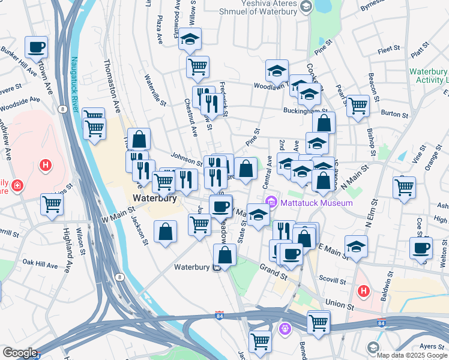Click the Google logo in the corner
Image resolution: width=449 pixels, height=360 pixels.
(x=20, y=353)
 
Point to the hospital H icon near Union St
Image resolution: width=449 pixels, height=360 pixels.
(x=363, y=292)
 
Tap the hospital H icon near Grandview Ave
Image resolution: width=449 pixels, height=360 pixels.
(x=44, y=164)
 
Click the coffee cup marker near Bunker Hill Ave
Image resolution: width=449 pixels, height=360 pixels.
(x=37, y=46)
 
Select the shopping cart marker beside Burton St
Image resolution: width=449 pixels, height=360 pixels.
(x=358, y=105)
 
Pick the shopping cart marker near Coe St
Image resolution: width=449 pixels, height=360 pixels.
(x=405, y=186)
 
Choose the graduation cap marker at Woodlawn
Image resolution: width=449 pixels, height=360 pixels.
(x=277, y=70)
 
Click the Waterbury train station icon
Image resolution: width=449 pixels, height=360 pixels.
(x=215, y=268)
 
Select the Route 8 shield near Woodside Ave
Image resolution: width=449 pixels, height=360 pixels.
(x=62, y=109)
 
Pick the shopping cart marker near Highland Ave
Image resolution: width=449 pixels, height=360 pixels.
(x=52, y=204)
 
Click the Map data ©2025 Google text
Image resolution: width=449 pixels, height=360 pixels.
(x=412, y=355)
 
